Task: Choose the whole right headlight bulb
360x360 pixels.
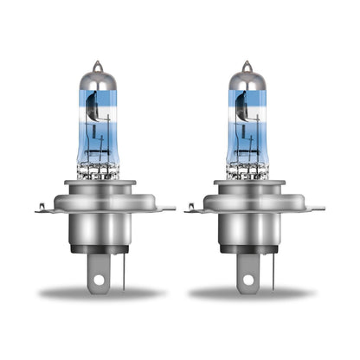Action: [248, 182]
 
